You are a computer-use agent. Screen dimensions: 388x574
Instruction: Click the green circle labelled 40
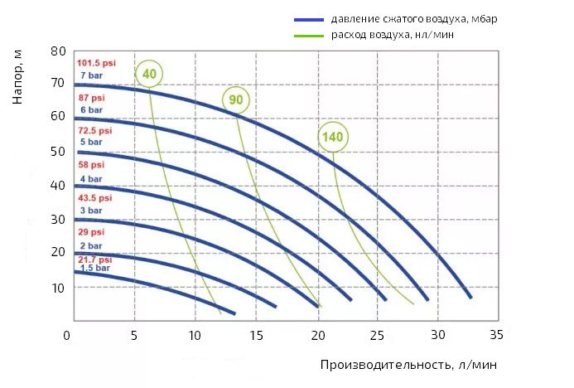150,75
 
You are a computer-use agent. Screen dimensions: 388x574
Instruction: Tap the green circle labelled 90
236,101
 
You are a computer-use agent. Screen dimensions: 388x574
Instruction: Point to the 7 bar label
89,75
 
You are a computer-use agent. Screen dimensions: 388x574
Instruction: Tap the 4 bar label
90,178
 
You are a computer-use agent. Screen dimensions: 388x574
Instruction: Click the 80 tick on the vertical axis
58,51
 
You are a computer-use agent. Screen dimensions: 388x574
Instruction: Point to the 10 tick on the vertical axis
58,287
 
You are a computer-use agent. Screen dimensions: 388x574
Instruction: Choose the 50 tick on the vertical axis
58,152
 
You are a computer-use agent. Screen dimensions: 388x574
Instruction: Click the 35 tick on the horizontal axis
496,336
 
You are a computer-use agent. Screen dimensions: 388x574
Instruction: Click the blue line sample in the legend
308,19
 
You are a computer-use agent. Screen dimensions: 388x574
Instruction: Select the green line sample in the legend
308,36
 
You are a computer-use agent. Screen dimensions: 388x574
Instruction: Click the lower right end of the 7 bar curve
470,296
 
